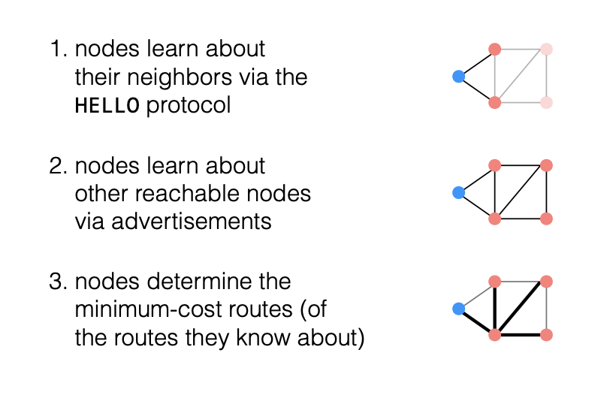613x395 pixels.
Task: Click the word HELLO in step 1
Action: [x=107, y=105]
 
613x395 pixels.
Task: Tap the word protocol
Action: [x=189, y=106]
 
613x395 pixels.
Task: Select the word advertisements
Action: [x=191, y=222]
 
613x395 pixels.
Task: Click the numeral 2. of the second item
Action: [x=59, y=166]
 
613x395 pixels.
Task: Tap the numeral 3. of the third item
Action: [x=59, y=282]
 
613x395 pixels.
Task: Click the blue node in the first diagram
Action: [x=458, y=76]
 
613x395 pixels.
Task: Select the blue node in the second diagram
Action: [x=458, y=192]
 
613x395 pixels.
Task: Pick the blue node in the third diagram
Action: [x=458, y=309]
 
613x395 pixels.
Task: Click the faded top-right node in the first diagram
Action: [x=546, y=50]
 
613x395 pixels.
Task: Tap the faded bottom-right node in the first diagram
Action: [x=546, y=102]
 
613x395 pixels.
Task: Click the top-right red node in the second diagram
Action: [x=546, y=165]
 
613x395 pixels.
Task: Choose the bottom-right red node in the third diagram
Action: [x=546, y=335]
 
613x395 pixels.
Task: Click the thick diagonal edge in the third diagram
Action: [x=521, y=308]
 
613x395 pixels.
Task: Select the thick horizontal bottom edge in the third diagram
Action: [x=521, y=335]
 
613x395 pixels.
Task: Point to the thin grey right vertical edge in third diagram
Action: [x=546, y=308]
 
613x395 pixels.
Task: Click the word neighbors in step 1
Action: [x=179, y=77]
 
